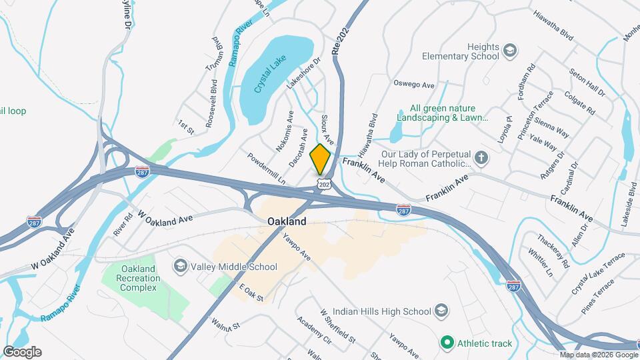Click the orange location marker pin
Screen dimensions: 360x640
point(321,159)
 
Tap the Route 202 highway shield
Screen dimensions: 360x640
point(324,184)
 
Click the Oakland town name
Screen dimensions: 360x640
point(287,221)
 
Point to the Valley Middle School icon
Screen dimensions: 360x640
point(180,267)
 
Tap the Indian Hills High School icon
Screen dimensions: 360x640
point(441,311)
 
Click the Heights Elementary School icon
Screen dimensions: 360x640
point(510,51)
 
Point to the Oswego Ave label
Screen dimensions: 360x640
point(414,85)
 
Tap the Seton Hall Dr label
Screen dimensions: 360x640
point(587,81)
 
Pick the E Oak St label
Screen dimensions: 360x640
point(251,293)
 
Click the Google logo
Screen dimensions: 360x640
point(22,351)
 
